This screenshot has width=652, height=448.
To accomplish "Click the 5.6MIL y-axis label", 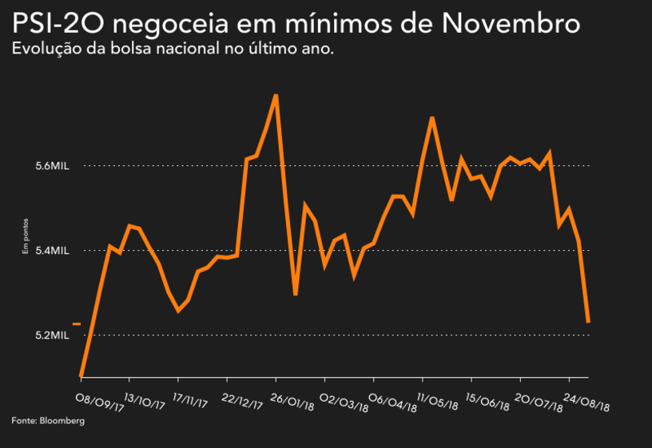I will point(54,166).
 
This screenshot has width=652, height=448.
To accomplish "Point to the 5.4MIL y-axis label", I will point(54,251).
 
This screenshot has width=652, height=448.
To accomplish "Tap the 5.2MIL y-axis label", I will point(54,335).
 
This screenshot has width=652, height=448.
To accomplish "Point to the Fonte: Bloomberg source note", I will point(48,420).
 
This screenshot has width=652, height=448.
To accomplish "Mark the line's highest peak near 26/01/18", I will point(276,96).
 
